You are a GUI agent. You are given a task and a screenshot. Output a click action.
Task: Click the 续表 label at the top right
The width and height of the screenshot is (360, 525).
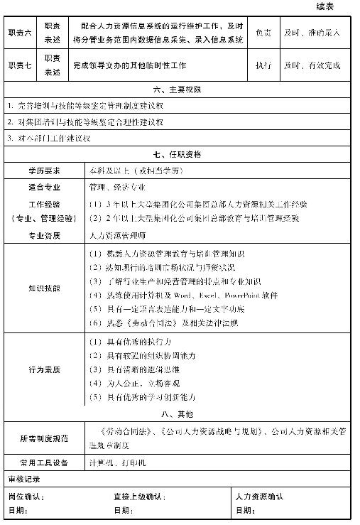[336, 6]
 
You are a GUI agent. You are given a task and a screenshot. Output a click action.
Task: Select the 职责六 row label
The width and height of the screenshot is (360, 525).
[19, 33]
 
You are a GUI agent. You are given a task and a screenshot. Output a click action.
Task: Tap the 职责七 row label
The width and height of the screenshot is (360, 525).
[19, 65]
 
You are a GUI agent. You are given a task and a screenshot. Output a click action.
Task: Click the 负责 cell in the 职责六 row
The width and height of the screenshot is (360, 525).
[263, 33]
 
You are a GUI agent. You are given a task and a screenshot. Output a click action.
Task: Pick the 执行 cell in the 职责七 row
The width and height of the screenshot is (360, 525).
[263, 65]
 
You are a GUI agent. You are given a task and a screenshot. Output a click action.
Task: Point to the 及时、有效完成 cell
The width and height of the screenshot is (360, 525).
[312, 65]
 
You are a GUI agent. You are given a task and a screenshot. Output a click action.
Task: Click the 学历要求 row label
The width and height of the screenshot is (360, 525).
[44, 171]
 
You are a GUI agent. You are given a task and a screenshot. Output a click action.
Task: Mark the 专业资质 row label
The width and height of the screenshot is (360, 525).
[44, 234]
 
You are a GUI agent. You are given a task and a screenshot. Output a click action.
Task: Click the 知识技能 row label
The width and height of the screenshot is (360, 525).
[44, 288]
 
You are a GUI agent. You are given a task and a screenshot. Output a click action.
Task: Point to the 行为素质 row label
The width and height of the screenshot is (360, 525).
[44, 369]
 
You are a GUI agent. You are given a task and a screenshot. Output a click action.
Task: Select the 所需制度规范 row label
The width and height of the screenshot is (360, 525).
[44, 438]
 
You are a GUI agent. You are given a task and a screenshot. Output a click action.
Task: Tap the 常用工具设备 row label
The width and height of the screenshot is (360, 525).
[44, 462]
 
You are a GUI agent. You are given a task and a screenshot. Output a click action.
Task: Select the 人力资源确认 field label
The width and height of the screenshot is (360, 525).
[260, 497]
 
